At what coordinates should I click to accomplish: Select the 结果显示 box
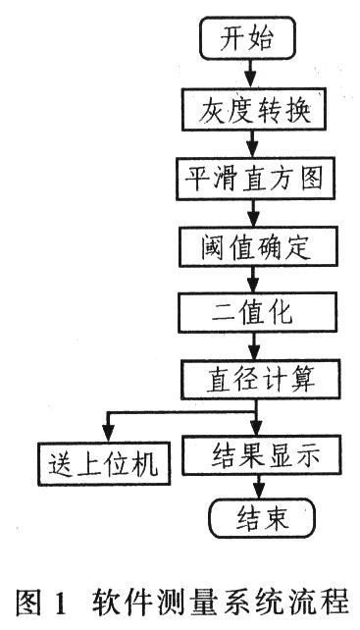pos(271,455)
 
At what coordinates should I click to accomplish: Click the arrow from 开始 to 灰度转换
pos(252,75)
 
